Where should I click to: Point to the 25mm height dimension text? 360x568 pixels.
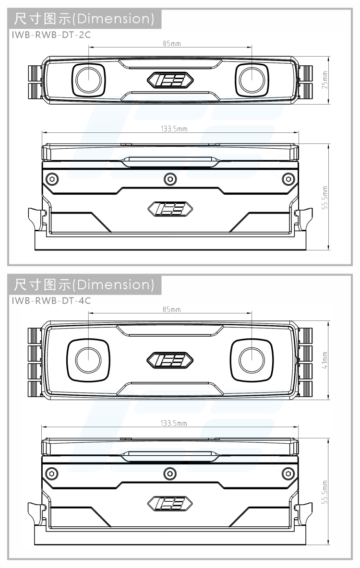click(325, 80)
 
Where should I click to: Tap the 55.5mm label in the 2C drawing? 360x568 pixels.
click(325, 198)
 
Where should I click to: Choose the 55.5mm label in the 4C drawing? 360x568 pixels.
click(325, 492)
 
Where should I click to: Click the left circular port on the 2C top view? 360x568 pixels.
click(88, 79)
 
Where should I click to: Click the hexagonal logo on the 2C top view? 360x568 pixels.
click(170, 80)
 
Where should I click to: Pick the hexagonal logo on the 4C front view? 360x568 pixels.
click(170, 503)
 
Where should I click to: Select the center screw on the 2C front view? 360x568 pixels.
click(169, 179)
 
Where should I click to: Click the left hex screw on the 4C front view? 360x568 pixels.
click(51, 473)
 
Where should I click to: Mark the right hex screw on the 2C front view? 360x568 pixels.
click(288, 179)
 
